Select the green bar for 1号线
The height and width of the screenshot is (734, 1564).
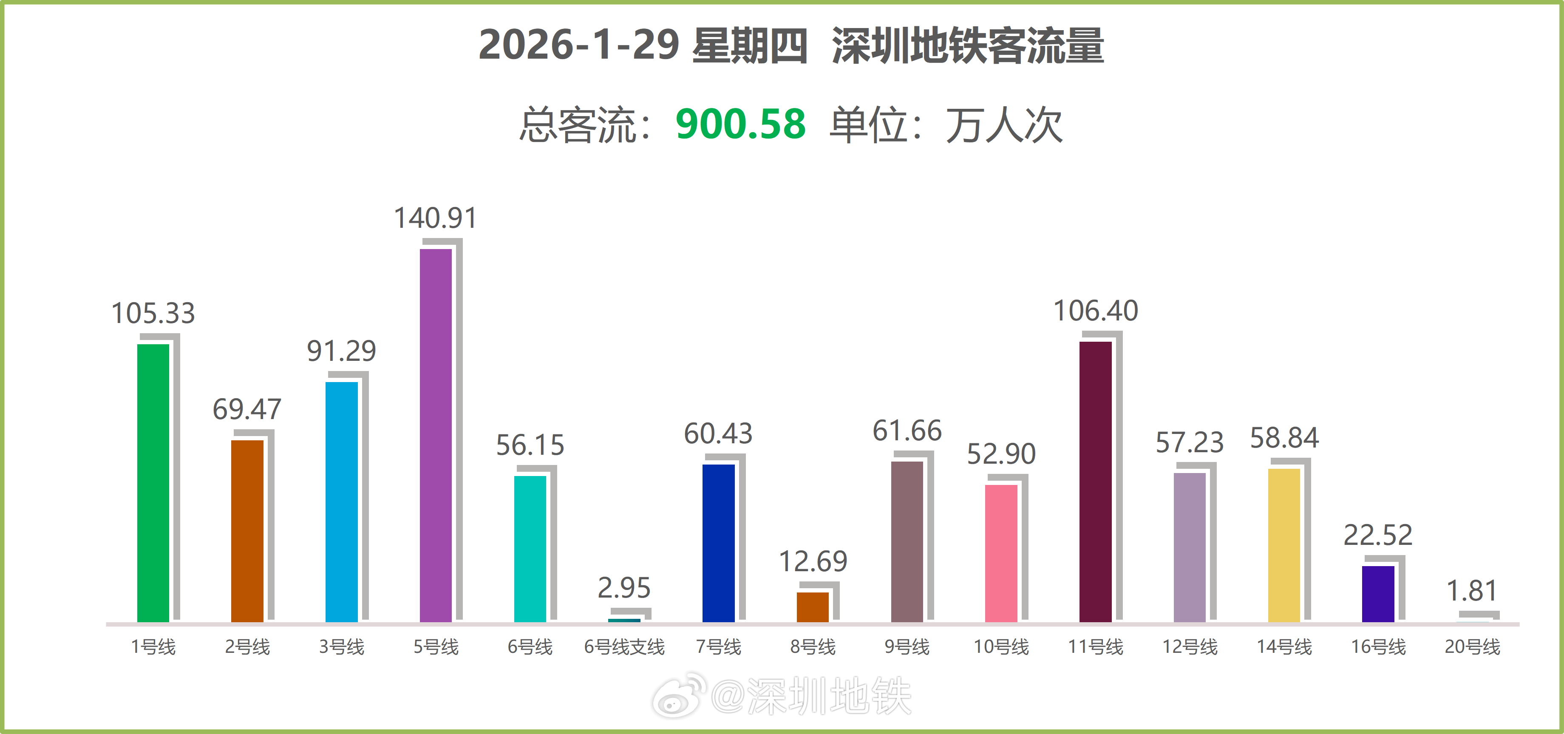pyautogui.click(x=153, y=483)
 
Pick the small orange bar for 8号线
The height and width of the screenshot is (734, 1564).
pyautogui.click(x=812, y=606)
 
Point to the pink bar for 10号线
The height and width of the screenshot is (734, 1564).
pyautogui.click(x=1000, y=553)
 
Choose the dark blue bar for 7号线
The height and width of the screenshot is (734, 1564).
pyautogui.click(x=718, y=543)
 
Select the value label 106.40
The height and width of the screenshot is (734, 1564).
pyautogui.click(x=1095, y=311)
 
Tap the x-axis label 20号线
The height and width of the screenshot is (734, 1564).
pyautogui.click(x=1472, y=646)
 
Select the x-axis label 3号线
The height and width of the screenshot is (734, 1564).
pyautogui.click(x=341, y=646)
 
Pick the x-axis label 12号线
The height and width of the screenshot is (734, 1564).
pyautogui.click(x=1190, y=646)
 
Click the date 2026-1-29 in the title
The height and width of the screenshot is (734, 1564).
pyautogui.click(x=578, y=45)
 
